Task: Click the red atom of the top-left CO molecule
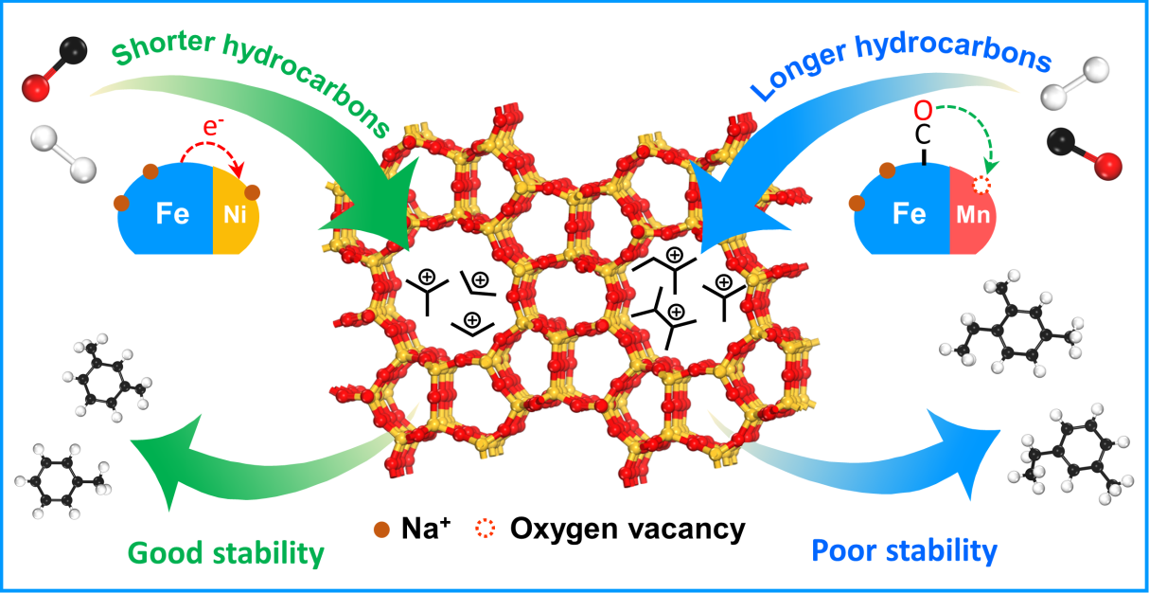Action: (36, 91)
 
